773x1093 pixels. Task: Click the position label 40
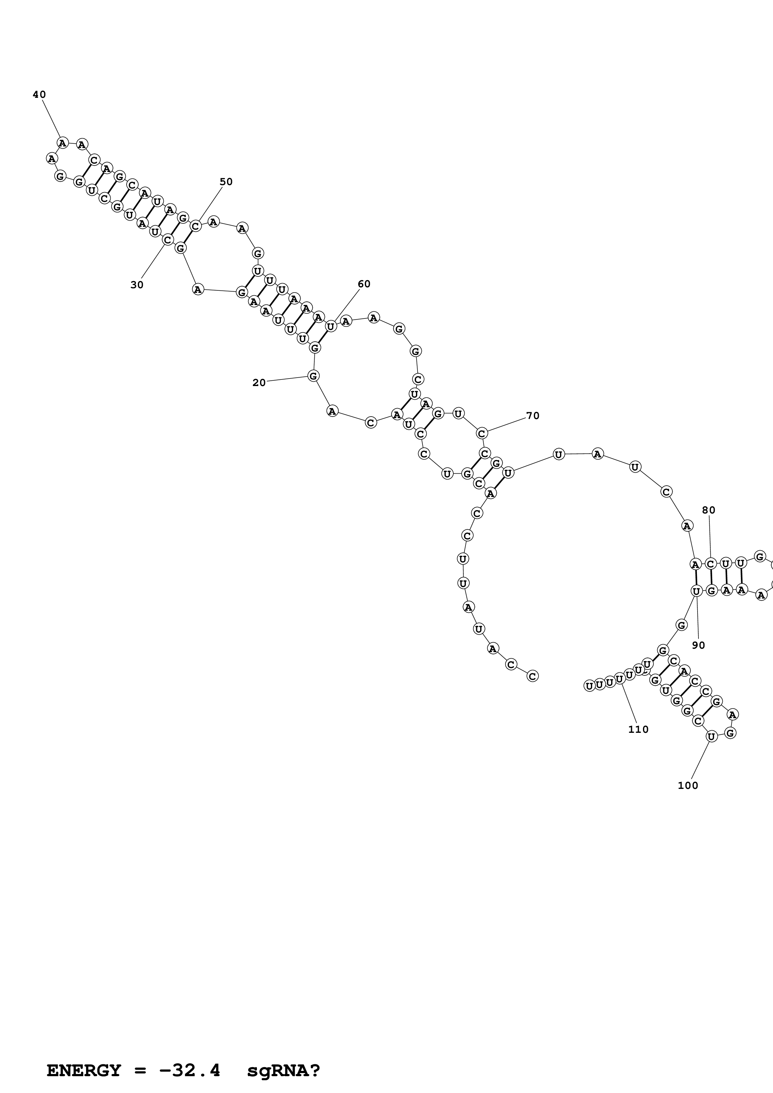[x=39, y=95]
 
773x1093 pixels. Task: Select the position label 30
[x=137, y=285]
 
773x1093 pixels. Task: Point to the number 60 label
[x=364, y=284]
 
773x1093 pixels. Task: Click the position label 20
[x=258, y=383]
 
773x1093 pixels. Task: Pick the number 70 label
[x=533, y=416]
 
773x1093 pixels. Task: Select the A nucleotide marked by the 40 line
[x=62, y=142]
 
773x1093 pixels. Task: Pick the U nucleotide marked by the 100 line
[x=711, y=737]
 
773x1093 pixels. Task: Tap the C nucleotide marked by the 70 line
[x=482, y=433]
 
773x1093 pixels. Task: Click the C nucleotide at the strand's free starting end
[x=533, y=676]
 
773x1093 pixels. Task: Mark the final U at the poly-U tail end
[x=589, y=685]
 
